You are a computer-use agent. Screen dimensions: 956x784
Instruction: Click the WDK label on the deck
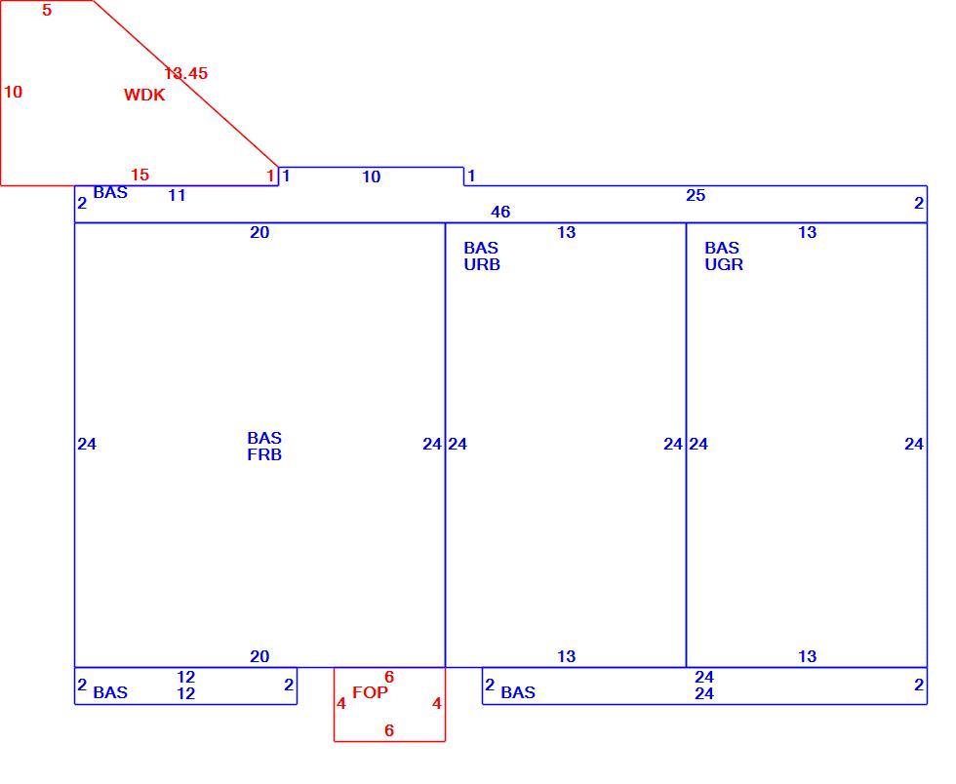pyautogui.click(x=144, y=95)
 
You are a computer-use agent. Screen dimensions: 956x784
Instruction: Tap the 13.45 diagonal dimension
pyautogui.click(x=186, y=73)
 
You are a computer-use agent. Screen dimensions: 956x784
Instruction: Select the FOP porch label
pyautogui.click(x=370, y=692)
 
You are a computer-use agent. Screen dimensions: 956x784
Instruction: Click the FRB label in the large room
pyautogui.click(x=264, y=454)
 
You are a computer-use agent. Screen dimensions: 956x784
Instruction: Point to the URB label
pyautogui.click(x=482, y=264)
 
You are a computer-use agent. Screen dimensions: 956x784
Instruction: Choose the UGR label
pyautogui.click(x=724, y=264)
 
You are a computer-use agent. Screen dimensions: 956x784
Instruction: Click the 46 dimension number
pyautogui.click(x=500, y=212)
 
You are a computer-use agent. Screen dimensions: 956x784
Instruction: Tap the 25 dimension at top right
pyautogui.click(x=696, y=195)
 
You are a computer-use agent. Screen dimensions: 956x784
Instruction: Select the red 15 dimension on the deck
pyautogui.click(x=139, y=175)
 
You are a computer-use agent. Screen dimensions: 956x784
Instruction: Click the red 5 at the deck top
pyautogui.click(x=47, y=10)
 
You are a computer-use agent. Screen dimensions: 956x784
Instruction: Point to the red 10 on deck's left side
pyautogui.click(x=13, y=92)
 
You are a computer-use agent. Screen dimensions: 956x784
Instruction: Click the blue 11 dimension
pyautogui.click(x=177, y=195)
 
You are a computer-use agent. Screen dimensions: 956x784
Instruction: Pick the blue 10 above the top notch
pyautogui.click(x=372, y=176)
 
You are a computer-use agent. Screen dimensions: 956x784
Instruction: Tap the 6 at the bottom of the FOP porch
pyautogui.click(x=389, y=730)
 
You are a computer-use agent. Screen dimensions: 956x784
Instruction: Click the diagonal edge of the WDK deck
pyautogui.click(x=186, y=84)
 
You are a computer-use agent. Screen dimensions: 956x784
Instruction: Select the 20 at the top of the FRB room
pyautogui.click(x=259, y=232)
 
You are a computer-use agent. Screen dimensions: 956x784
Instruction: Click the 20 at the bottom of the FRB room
pyautogui.click(x=259, y=656)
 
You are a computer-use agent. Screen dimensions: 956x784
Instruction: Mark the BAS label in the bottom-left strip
pyautogui.click(x=110, y=692)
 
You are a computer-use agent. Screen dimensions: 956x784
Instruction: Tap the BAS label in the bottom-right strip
pyautogui.click(x=518, y=692)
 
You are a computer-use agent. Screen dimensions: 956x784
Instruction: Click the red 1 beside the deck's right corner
pyautogui.click(x=271, y=176)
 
